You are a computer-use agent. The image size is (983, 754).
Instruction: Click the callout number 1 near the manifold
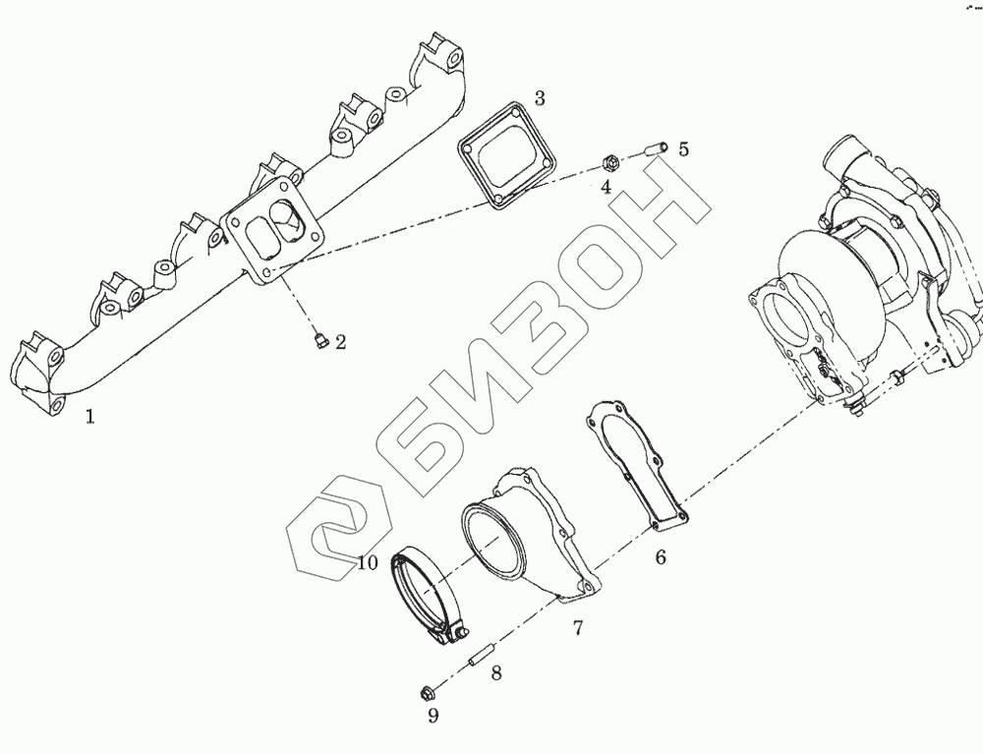(x=89, y=417)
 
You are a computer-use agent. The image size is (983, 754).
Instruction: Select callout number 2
(x=340, y=342)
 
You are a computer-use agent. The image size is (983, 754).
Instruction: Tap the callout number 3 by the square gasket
(x=540, y=97)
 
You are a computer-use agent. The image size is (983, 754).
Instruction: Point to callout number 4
(x=606, y=185)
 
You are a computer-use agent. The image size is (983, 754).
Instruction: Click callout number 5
(x=683, y=149)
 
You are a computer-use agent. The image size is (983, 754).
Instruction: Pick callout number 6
(x=661, y=557)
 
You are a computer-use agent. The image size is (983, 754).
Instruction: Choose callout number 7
(x=578, y=626)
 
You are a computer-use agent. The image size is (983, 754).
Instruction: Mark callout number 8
(x=496, y=673)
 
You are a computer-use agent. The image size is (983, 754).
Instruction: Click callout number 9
(x=433, y=715)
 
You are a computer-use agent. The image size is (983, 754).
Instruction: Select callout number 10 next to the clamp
(x=368, y=562)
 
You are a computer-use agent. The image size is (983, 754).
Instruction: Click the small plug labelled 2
(x=318, y=341)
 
